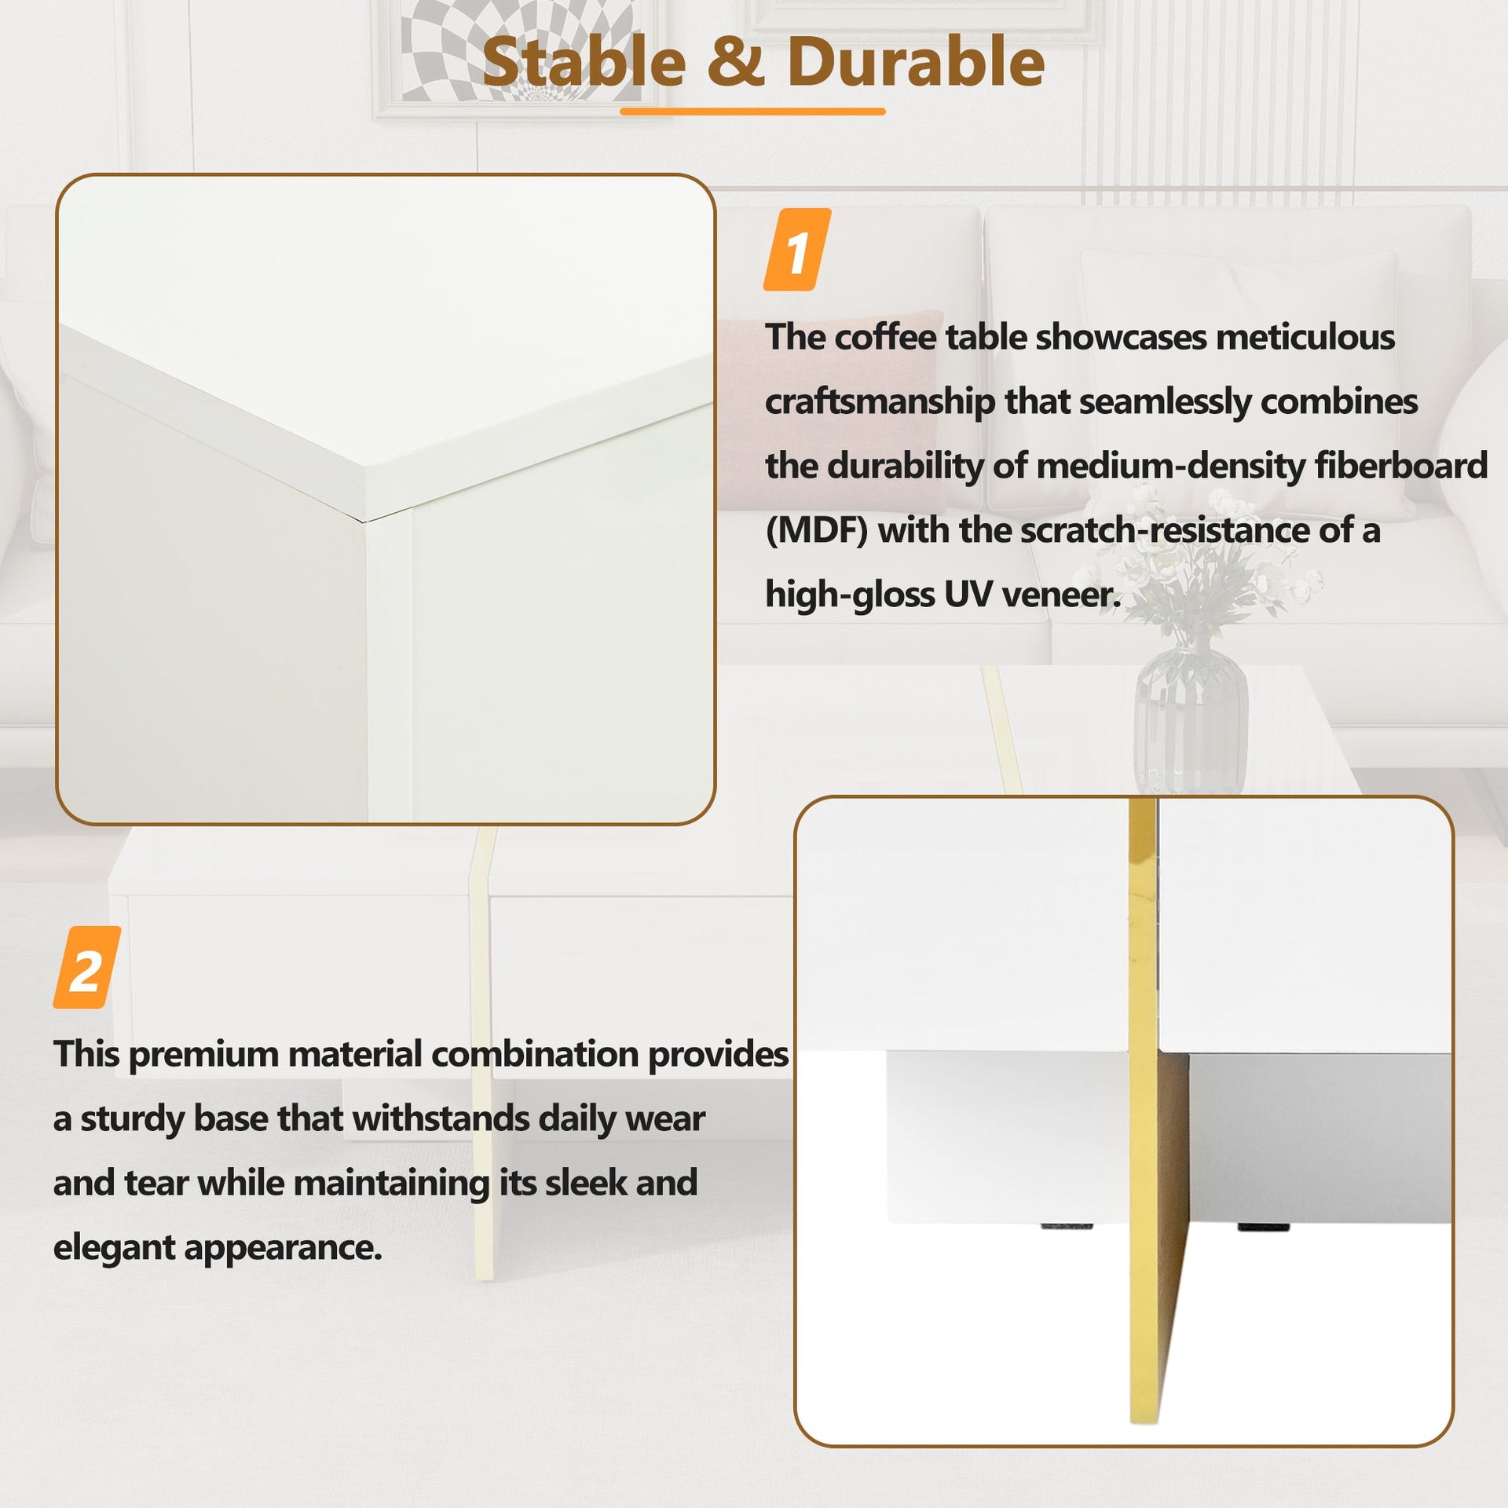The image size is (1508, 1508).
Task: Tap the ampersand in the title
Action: tap(736, 64)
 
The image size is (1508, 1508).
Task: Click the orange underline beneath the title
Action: tap(752, 112)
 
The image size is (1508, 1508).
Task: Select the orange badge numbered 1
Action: tap(797, 250)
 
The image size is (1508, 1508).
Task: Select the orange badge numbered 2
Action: tap(86, 968)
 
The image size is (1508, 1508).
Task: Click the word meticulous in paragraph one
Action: tap(1305, 338)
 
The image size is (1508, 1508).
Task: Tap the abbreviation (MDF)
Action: tap(816, 531)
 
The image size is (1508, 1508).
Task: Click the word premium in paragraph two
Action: tap(203, 1055)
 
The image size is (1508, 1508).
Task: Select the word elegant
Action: tap(113, 1247)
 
